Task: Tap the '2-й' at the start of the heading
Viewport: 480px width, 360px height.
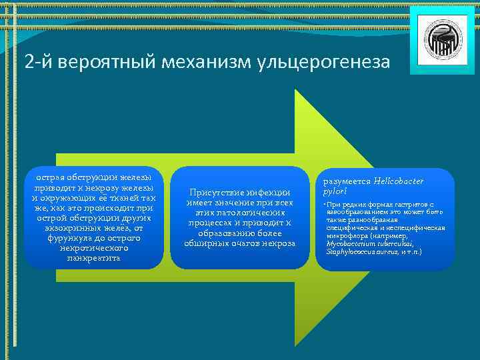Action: tap(39, 63)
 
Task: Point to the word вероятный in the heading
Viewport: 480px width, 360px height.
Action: tap(106, 63)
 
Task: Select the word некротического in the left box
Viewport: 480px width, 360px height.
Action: tap(94, 247)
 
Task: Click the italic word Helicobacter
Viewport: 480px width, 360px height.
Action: tap(399, 181)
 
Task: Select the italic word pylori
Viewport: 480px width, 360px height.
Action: tap(336, 191)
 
